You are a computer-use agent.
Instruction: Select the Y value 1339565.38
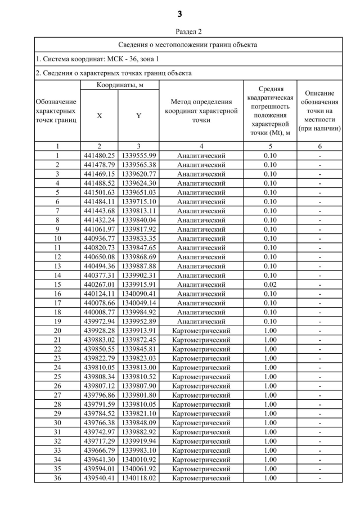pyautogui.click(x=138, y=165)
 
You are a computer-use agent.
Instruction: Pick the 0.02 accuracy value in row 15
pyautogui.click(x=271, y=285)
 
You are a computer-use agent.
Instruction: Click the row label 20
pyautogui.click(x=57, y=331)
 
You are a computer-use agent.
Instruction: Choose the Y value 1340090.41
pyautogui.click(x=138, y=294)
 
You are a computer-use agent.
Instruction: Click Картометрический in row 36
pyautogui.click(x=201, y=478)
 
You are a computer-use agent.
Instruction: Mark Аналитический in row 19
pyautogui.click(x=201, y=321)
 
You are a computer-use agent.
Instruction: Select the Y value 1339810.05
pyautogui.click(x=138, y=404)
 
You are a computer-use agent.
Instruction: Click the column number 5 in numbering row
pyautogui.click(x=271, y=146)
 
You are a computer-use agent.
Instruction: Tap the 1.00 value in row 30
pyautogui.click(x=271, y=423)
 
